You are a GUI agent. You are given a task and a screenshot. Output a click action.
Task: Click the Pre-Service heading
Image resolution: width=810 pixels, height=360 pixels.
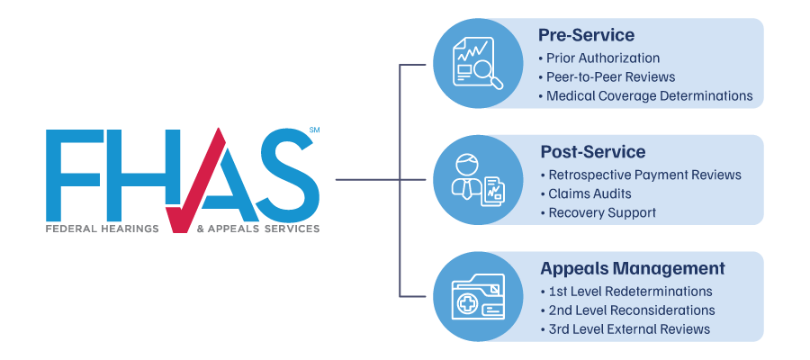tap(586, 36)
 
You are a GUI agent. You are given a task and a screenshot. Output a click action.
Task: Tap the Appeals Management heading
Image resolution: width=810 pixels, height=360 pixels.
tap(632, 268)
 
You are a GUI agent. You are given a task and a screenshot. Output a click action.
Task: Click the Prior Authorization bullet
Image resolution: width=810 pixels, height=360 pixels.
tap(602, 58)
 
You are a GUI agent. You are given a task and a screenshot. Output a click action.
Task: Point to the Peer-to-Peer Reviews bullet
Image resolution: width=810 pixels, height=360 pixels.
tap(610, 76)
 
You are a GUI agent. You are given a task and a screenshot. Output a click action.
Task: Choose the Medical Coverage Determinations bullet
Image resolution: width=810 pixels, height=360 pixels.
tap(648, 94)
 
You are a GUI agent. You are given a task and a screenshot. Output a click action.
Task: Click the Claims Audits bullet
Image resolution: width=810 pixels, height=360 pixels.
tap(589, 193)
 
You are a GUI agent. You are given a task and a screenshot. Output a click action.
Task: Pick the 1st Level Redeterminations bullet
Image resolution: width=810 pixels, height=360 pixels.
tap(630, 292)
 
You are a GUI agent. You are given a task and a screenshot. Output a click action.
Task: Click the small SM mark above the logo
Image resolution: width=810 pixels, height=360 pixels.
tap(314, 131)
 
